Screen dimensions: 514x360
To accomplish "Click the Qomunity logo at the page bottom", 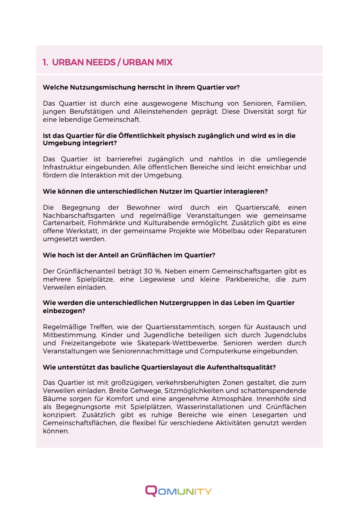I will coord(178,491).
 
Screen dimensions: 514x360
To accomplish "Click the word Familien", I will coord(291,103).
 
